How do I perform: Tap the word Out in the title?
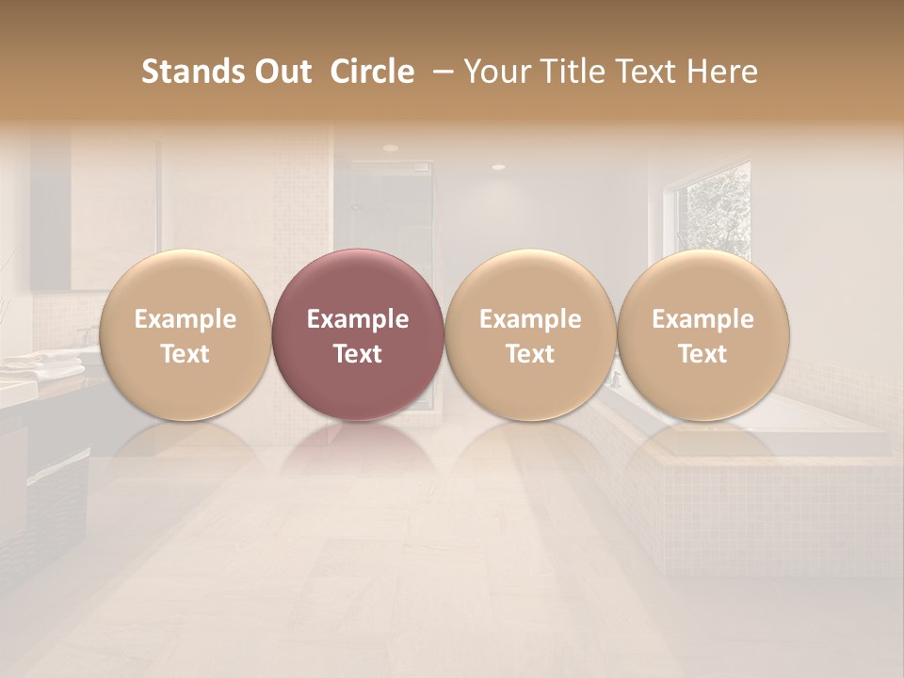pos(281,72)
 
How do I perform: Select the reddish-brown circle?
pos(358,334)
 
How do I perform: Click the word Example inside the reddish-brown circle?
pos(358,319)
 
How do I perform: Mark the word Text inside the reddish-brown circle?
pos(358,354)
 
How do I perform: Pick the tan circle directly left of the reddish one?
pos(185,334)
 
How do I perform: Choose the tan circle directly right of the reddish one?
pos(530,334)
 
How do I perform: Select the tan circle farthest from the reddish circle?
pos(703,334)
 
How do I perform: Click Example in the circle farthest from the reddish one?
pos(703,319)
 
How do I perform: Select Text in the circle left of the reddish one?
pos(185,354)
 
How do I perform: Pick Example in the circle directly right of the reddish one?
pos(530,319)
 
